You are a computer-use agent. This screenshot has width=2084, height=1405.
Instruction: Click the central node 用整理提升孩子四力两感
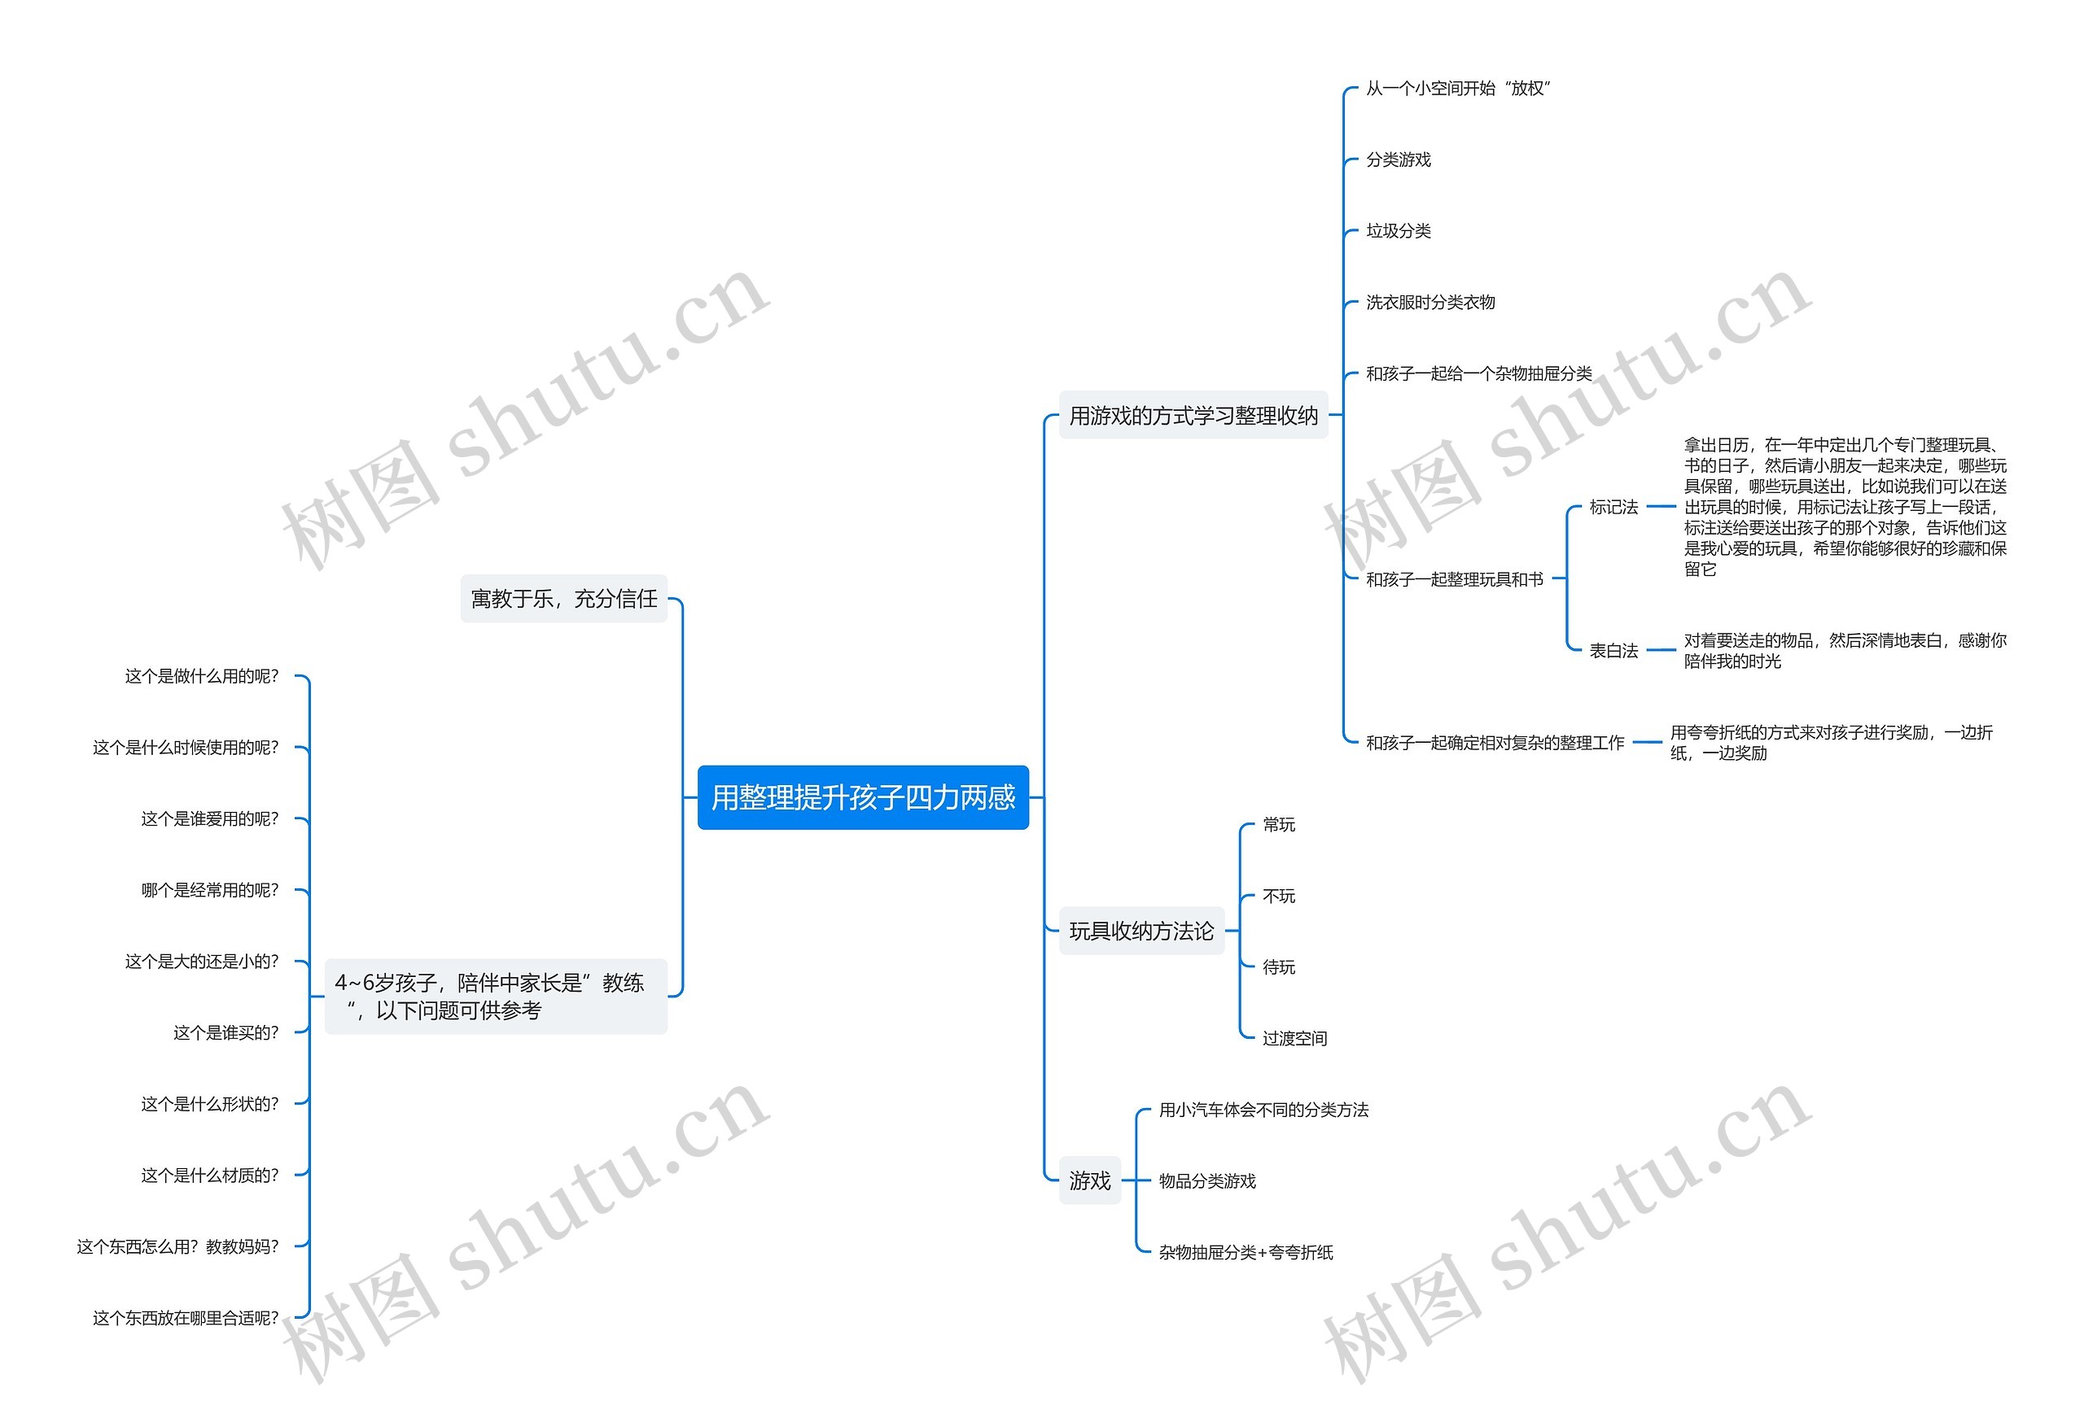(862, 796)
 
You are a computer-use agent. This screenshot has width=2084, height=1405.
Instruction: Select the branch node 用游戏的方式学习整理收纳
(1193, 416)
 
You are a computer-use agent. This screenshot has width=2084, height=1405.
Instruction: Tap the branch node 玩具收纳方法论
(1141, 931)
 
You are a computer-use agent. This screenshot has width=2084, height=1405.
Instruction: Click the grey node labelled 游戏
(1089, 1180)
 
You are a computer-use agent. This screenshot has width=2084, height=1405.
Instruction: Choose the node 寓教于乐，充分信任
(564, 599)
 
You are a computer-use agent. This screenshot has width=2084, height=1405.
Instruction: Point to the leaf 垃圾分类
(1398, 231)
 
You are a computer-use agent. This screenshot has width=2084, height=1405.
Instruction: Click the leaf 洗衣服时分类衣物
(1429, 303)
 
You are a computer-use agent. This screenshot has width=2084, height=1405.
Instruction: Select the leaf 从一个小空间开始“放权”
(1457, 89)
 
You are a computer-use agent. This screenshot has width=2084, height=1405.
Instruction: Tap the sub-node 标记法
(1613, 507)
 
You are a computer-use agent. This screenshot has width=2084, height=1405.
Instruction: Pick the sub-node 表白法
(1613, 651)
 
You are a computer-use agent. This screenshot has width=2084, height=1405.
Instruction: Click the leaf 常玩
(1278, 824)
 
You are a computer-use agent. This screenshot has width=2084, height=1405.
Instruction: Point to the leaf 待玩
(1278, 966)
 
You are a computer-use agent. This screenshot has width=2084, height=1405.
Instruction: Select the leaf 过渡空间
(1294, 1039)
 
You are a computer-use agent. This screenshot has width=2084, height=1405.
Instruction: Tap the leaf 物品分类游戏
(1206, 1181)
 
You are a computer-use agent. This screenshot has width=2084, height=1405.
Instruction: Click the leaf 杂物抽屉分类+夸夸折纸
(1245, 1253)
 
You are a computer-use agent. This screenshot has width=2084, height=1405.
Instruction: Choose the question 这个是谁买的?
(225, 1033)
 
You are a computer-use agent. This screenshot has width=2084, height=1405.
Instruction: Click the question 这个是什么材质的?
(210, 1176)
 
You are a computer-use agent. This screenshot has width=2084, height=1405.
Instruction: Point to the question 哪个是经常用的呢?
(210, 891)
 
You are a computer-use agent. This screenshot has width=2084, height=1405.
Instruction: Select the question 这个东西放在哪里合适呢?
(186, 1318)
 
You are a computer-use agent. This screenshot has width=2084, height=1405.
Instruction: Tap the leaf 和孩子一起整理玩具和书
(1454, 580)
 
